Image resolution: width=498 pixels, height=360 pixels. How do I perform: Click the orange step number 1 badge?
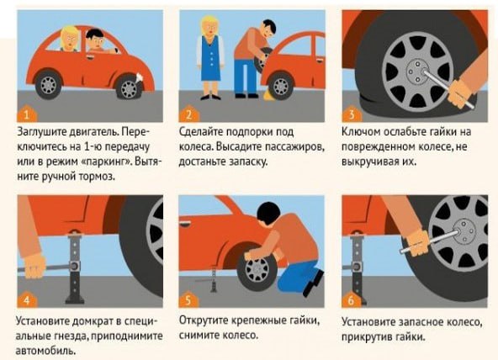[27, 114]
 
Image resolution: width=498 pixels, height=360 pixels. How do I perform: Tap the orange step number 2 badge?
[189, 114]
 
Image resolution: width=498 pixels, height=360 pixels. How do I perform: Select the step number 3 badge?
[352, 114]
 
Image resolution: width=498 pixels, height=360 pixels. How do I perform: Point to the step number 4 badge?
[27, 299]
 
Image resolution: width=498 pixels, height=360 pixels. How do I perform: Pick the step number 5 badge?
[188, 299]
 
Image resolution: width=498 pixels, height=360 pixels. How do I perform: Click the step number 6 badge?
[352, 299]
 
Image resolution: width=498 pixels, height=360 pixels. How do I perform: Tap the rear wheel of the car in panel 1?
[49, 85]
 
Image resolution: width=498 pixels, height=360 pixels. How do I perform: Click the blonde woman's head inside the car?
[70, 39]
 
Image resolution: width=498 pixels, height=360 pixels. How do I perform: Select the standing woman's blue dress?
[210, 58]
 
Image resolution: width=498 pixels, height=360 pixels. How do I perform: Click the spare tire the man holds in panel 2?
[263, 60]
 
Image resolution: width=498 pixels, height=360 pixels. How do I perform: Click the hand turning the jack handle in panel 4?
[34, 266]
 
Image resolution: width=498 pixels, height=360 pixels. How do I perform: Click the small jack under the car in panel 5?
[214, 280]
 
